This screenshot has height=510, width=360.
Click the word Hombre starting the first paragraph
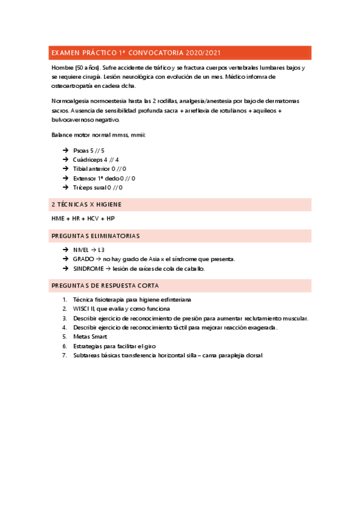pyautogui.click(x=63, y=69)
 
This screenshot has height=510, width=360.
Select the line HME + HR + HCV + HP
pyautogui.click(x=83, y=218)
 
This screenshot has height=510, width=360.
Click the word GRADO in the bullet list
pyautogui.click(x=84, y=259)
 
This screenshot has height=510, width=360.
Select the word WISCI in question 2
pyautogui.click(x=82, y=309)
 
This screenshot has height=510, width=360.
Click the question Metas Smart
pyautogui.click(x=90, y=337)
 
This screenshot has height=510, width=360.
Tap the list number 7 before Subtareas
pyautogui.click(x=64, y=355)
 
